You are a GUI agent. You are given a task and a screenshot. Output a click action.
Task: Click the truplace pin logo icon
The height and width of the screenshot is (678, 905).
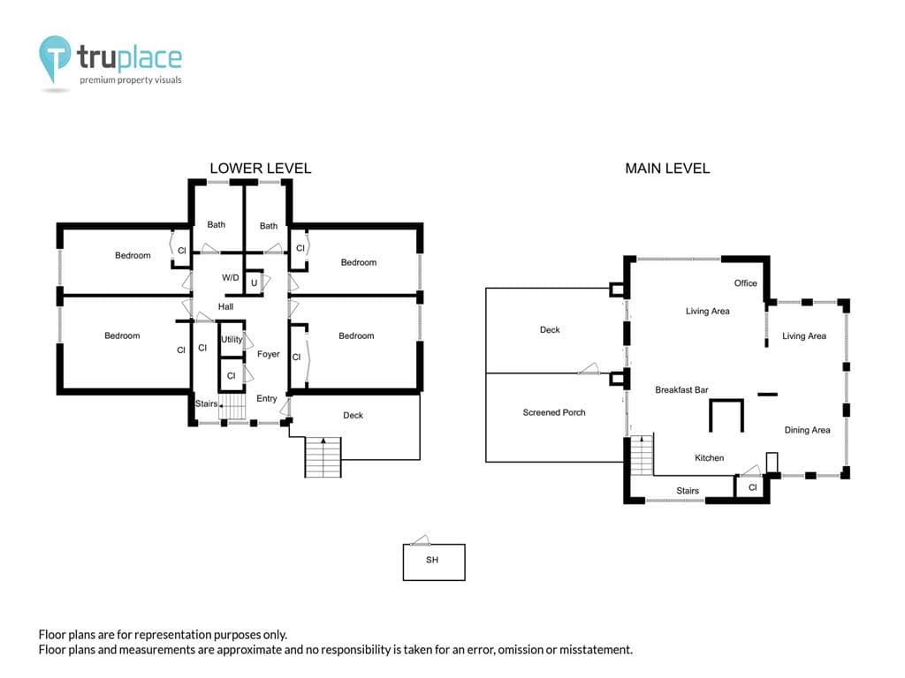point(55,57)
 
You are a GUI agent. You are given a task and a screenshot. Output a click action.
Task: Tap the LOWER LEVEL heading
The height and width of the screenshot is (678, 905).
point(261,169)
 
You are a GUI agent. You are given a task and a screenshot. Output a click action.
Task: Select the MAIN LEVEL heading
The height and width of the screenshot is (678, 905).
point(667,169)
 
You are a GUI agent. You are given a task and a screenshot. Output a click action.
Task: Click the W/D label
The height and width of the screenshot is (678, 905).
point(231,278)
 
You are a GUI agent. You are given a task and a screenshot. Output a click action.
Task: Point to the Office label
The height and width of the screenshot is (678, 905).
point(745,283)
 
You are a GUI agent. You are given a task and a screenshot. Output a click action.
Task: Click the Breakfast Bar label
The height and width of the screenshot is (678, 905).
point(681,389)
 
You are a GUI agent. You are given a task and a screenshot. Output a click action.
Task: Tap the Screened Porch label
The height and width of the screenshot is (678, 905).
point(553,412)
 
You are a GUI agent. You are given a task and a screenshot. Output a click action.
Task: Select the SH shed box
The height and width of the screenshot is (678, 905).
point(433,561)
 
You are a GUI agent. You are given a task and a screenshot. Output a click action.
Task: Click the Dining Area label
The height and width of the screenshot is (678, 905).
point(807,430)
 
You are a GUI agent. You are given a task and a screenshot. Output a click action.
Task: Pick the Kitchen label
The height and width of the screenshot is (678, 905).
point(709,458)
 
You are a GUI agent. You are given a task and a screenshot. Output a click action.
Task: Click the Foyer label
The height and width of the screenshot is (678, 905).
point(269,354)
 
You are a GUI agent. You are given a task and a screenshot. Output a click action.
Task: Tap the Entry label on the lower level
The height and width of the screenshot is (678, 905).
point(266,398)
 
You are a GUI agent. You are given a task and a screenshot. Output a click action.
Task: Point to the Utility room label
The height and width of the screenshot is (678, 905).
point(232,339)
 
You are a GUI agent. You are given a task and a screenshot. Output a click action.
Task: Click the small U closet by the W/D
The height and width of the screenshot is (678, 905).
point(254,282)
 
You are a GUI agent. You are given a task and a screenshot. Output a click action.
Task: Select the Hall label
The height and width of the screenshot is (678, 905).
point(225,306)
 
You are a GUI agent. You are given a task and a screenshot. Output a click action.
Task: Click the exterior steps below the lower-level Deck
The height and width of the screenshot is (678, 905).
point(323,457)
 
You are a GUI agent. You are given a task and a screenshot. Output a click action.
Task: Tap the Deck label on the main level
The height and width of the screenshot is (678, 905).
point(550,330)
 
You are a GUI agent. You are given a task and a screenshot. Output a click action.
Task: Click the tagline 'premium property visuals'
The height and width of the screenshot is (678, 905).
point(131,80)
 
